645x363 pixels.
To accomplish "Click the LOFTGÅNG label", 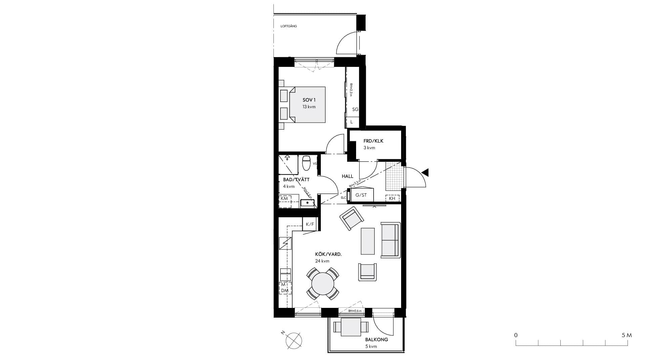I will coord(289,26).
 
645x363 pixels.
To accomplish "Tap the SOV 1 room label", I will coord(309,100).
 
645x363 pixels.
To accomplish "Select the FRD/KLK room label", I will coord(373,141).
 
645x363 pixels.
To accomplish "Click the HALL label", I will coord(347,176).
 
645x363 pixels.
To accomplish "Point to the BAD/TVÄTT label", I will coord(296,180).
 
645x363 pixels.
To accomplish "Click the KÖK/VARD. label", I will coord(328,254).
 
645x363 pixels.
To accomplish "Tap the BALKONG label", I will coord(377,339).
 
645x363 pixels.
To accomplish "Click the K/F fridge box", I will coord(310,224).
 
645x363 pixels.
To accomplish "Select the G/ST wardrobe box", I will coord(361,195).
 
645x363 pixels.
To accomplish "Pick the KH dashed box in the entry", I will coord(392,198).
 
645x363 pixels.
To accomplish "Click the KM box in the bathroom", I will coord(284,198).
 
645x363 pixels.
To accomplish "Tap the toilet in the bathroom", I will coord(306,163).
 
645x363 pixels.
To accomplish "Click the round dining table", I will coord(322,284).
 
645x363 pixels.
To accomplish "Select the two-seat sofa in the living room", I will coord(390,240).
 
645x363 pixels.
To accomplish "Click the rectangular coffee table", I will coord(368,241).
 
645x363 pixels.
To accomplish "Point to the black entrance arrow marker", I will coord(425,173).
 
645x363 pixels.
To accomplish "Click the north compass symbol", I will coord(294,340).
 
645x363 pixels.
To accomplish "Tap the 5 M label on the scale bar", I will coord(627,335).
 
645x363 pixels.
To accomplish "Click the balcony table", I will coord(351,327).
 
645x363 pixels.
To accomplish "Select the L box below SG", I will coord(352,122).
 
